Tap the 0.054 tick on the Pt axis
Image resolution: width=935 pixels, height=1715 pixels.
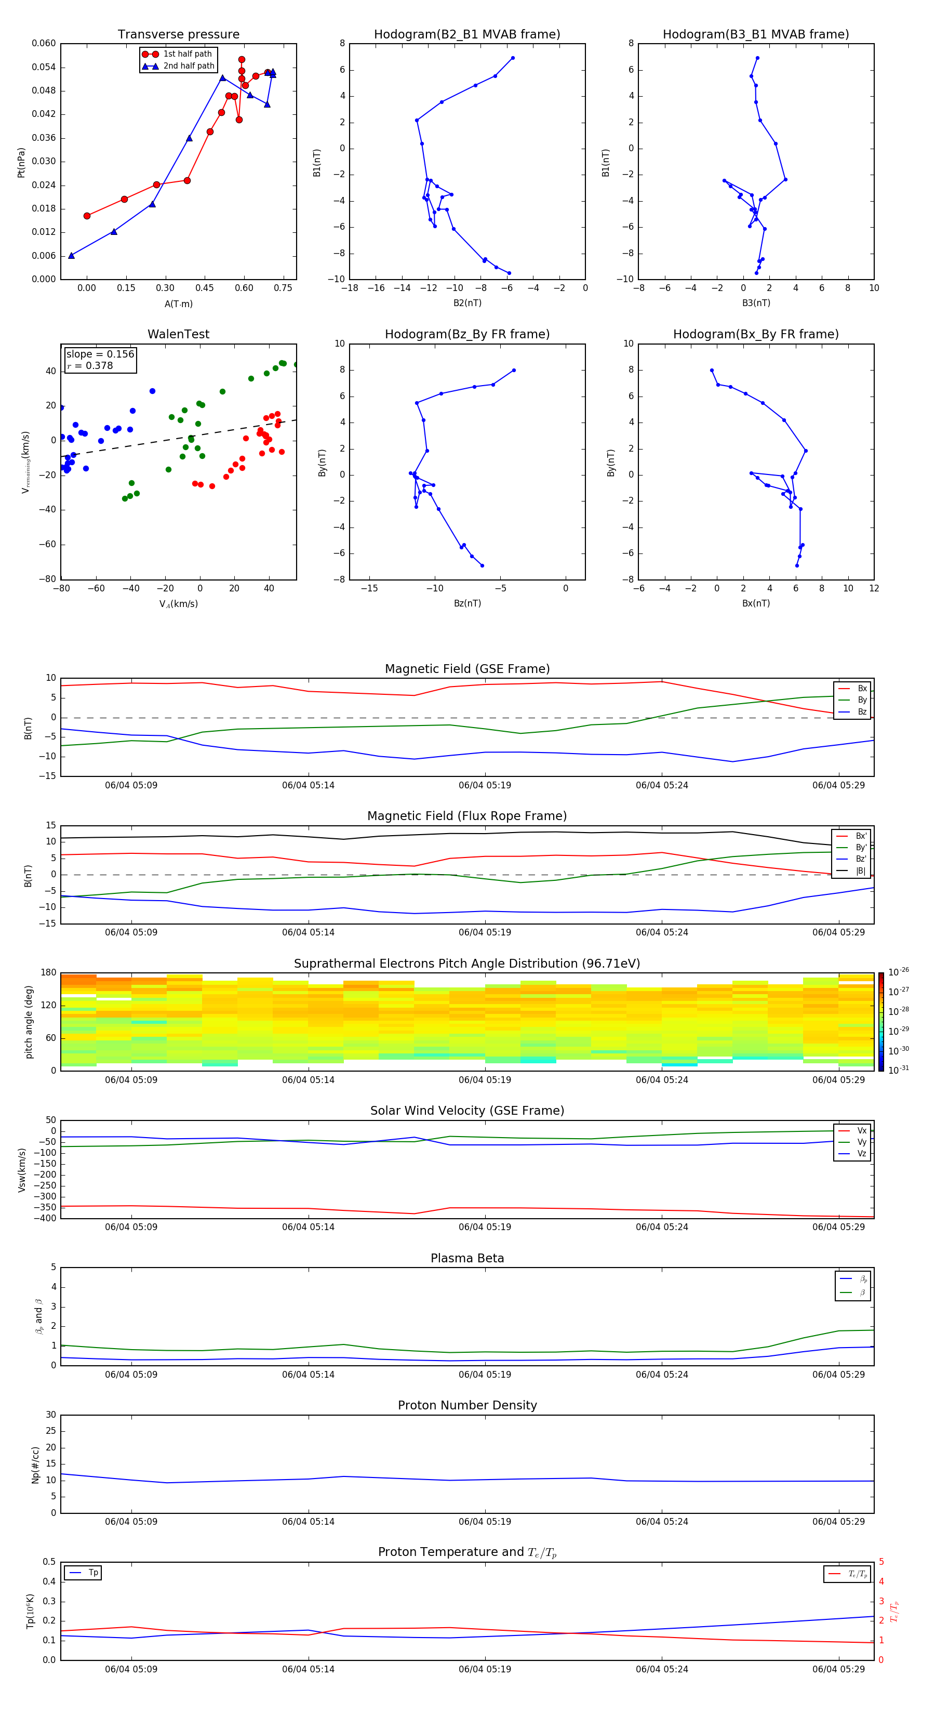pyautogui.click(x=44, y=67)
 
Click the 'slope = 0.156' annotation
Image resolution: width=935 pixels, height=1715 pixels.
pyautogui.click(x=100, y=354)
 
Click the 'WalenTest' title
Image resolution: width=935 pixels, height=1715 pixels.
pyautogui.click(x=178, y=334)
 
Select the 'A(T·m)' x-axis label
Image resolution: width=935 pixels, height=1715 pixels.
pyautogui.click(x=178, y=304)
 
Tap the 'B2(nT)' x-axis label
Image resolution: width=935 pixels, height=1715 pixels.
pyautogui.click(x=467, y=303)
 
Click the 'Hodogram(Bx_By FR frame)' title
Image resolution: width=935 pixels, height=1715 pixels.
pyautogui.click(x=755, y=334)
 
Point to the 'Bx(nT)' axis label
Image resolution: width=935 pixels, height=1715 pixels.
pyautogui.click(x=755, y=603)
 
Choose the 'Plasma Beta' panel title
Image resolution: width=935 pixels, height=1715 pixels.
pyautogui.click(x=467, y=1258)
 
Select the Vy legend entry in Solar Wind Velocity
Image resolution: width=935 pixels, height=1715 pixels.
pyautogui.click(x=861, y=1142)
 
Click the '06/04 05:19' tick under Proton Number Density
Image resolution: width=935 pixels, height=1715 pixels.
pyautogui.click(x=485, y=1521)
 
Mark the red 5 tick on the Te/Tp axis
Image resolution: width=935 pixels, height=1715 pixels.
pyautogui.click(x=881, y=1562)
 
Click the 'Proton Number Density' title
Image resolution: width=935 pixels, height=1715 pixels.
pyautogui.click(x=467, y=1405)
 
